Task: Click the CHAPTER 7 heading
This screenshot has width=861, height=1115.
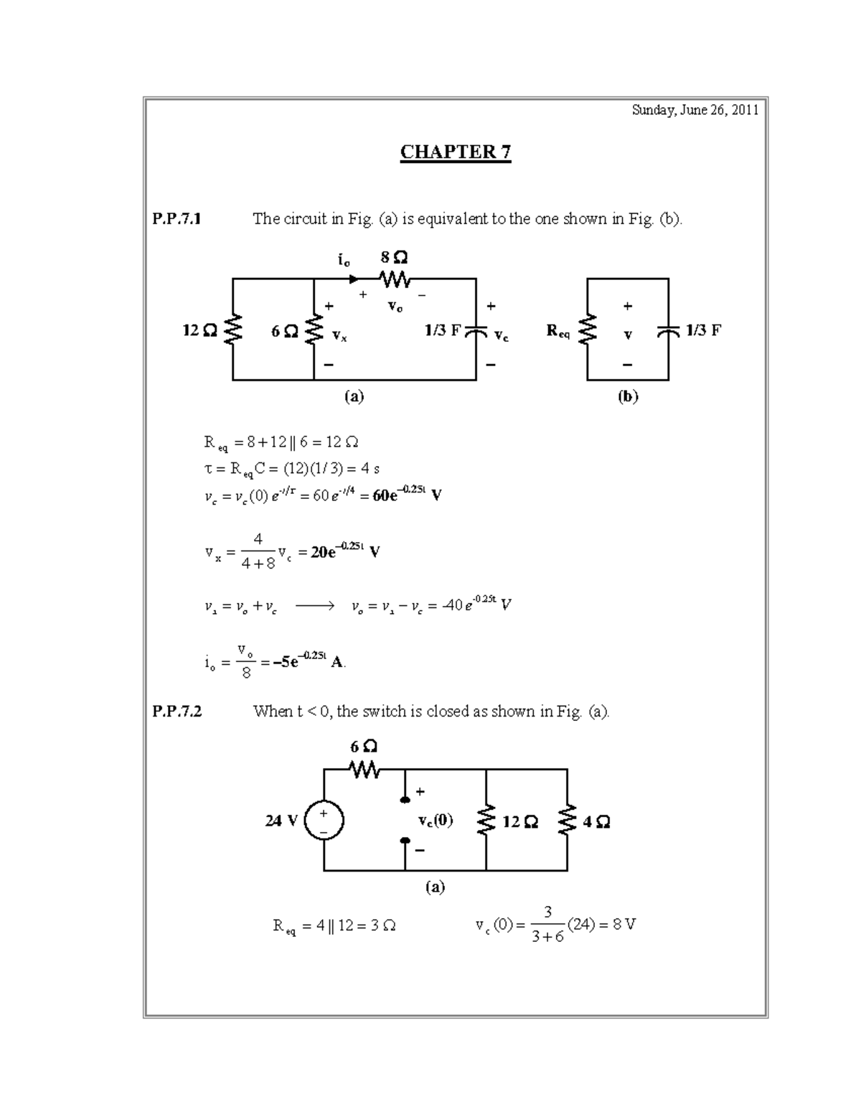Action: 456,152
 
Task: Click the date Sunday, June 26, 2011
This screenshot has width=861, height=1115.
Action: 695,110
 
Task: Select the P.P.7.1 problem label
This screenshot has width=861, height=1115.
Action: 177,219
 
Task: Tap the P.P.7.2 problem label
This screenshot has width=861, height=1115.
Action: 177,712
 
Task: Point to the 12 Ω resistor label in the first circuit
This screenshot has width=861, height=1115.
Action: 199,331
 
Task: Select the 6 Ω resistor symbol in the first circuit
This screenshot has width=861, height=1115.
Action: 314,331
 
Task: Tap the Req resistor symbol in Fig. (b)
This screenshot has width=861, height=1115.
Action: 587,331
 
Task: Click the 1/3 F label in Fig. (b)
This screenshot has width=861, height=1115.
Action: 703,330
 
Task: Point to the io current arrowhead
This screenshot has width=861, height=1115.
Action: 354,279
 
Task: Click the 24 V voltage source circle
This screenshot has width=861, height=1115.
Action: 324,820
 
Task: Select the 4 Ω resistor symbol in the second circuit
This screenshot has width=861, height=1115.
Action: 568,820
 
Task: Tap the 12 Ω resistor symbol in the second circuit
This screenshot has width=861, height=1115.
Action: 486,820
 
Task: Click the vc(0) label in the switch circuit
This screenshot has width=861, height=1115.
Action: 436,820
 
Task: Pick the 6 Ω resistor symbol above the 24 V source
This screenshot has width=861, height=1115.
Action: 364,770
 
